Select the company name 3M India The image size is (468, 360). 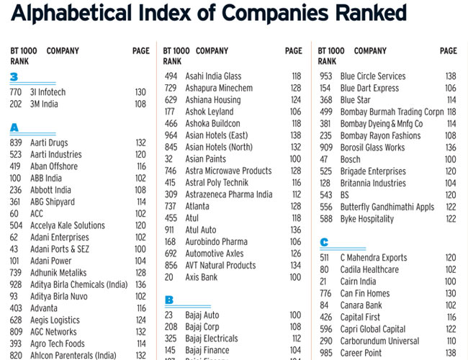coord(45,104)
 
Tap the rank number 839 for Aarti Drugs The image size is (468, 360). coord(16,143)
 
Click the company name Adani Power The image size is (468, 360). coord(50,261)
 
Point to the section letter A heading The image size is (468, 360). coord(14,127)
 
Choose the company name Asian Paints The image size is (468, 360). coord(205,158)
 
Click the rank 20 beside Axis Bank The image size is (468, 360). coord(169,276)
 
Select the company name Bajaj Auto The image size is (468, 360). coord(202,315)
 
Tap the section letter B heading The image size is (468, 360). coord(169,300)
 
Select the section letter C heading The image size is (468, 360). coord(325,242)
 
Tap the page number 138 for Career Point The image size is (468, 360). coord(451,353)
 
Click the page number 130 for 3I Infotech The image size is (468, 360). coord(140,92)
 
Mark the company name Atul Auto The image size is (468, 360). coord(201,230)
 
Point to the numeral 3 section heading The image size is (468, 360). coord(14,77)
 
